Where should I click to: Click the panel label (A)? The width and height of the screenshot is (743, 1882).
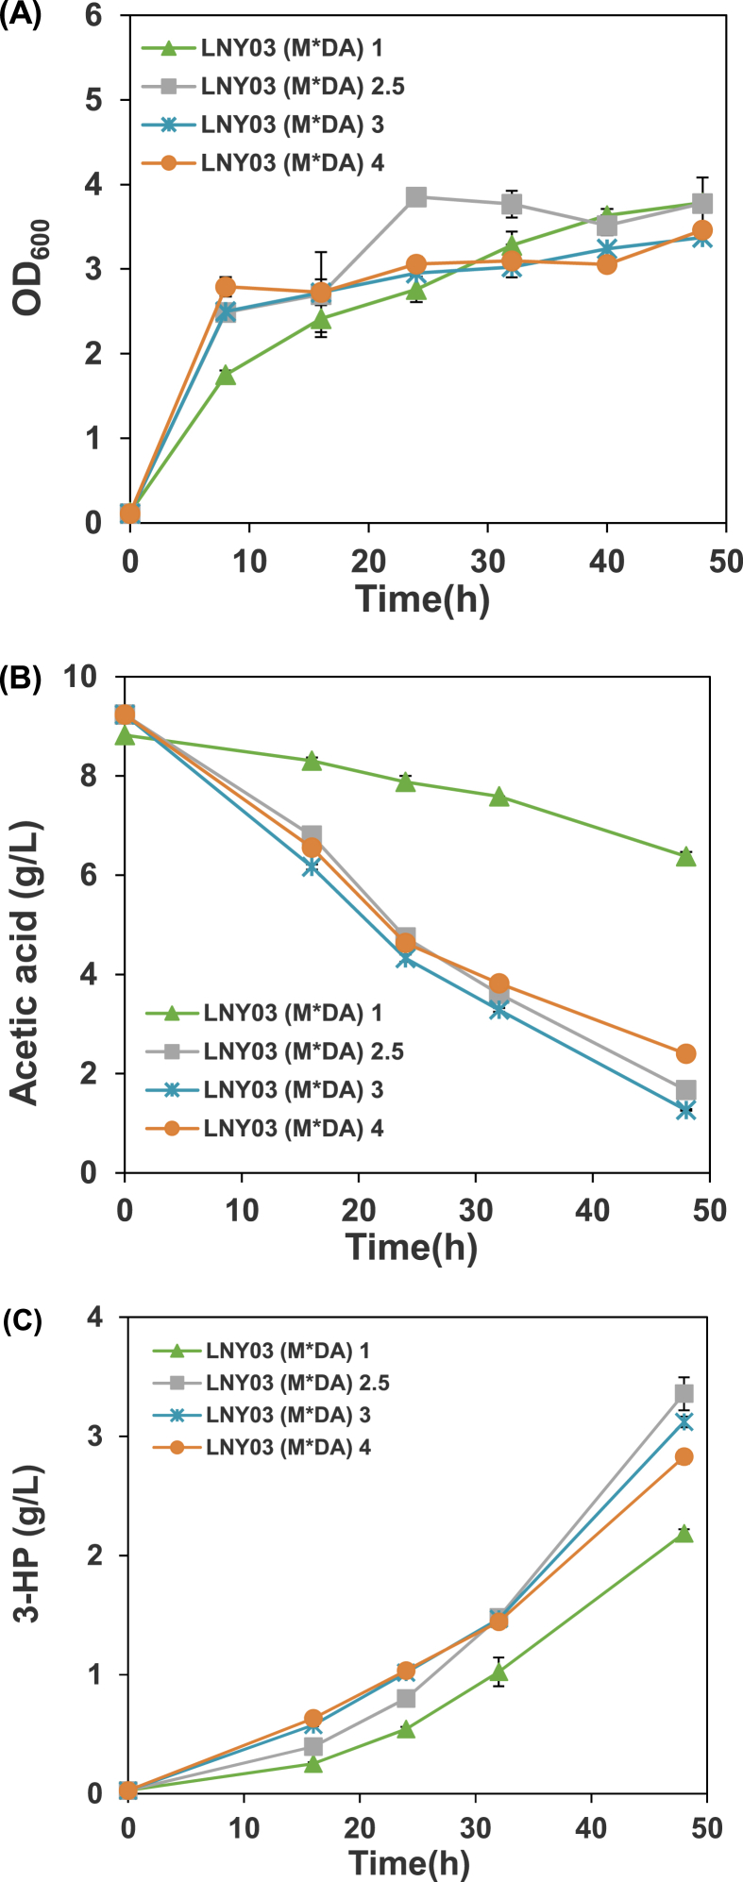[21, 18]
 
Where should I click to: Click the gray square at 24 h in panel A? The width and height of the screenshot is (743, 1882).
[416, 196]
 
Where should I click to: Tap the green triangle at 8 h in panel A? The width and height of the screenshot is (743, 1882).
[226, 376]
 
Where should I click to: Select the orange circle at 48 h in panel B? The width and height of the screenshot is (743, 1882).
[686, 1053]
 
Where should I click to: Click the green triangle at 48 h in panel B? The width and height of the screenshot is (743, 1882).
[686, 856]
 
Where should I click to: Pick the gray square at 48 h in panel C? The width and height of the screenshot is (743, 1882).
[684, 1393]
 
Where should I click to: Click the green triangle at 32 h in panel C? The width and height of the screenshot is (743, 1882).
[499, 1672]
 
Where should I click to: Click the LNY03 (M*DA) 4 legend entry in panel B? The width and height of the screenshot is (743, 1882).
[294, 1129]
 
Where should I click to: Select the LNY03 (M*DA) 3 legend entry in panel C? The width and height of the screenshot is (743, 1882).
[288, 1415]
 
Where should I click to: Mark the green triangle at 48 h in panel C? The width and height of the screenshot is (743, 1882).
[684, 1533]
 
